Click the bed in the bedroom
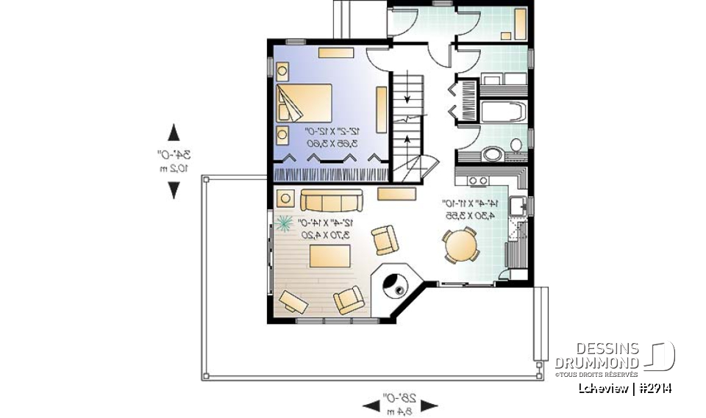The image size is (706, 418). (x=304, y=103)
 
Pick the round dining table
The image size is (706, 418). (x=460, y=245)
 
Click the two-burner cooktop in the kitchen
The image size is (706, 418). (x=477, y=181)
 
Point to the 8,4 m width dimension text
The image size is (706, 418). (x=400, y=411)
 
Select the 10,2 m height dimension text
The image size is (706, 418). (x=174, y=167)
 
